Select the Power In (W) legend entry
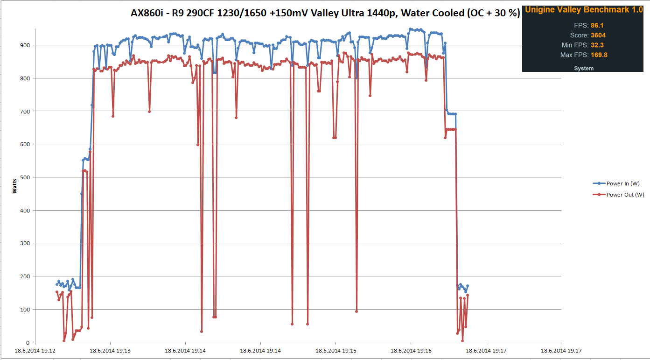(x=624, y=184)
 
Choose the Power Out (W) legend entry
(x=625, y=195)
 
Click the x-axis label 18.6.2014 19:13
(x=110, y=351)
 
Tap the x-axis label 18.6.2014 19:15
(x=335, y=351)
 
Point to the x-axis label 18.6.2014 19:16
(x=411, y=351)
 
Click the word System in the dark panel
(x=584, y=69)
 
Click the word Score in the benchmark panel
(x=579, y=35)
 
